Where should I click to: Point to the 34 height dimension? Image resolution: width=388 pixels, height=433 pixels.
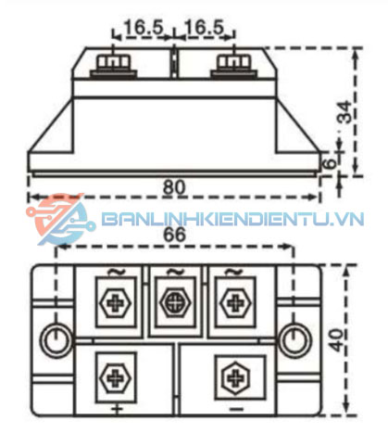(x=344, y=112)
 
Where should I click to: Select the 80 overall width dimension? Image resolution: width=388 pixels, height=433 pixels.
(x=173, y=186)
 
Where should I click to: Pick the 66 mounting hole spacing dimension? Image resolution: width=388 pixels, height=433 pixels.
(x=174, y=236)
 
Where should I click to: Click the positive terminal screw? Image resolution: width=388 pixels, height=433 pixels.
(x=115, y=377)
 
